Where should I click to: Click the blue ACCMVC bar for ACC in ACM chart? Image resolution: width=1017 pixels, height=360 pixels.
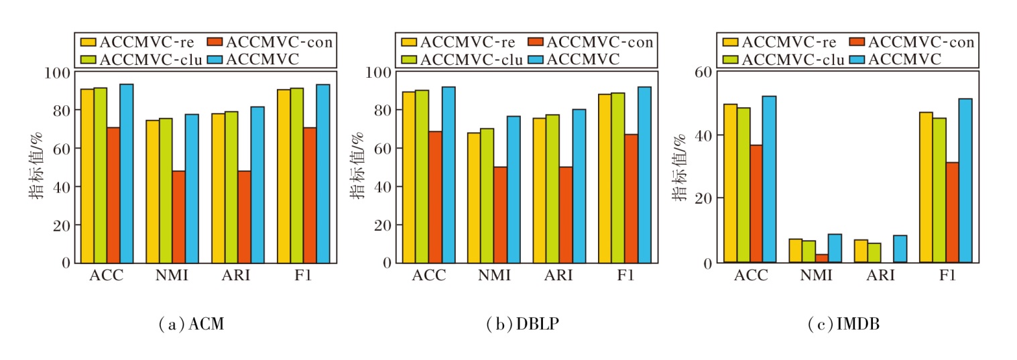[x=127, y=173]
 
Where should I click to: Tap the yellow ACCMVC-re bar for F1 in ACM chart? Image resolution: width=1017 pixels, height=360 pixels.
[x=284, y=176]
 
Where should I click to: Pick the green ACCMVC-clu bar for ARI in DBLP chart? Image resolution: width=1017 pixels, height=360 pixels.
[x=552, y=188]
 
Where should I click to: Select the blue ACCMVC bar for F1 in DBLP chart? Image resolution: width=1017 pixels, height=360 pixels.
[x=644, y=174]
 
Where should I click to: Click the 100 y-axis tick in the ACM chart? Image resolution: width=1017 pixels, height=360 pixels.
[x=60, y=72]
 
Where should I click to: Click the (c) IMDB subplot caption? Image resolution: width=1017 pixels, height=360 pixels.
[x=844, y=325]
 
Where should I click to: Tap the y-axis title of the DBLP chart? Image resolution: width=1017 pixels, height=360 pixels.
[x=357, y=166]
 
